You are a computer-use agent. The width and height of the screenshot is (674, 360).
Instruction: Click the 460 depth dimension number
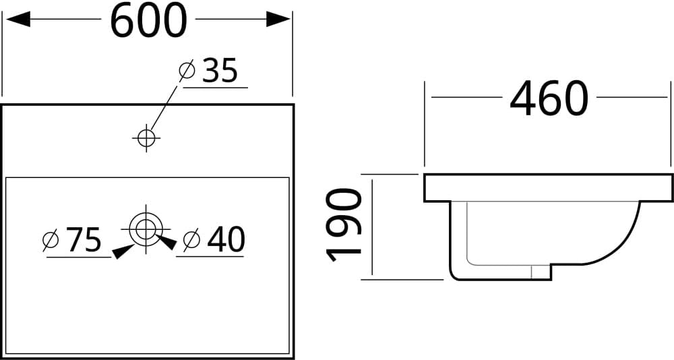549,99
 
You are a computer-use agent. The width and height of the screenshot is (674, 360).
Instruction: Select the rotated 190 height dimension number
344,225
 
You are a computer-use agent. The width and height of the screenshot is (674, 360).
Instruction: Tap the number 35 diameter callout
220,71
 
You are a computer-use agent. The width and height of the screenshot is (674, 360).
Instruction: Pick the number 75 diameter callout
84,239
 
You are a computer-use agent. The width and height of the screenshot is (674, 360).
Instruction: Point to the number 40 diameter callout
226,239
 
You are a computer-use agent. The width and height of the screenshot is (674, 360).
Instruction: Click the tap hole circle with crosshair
146,138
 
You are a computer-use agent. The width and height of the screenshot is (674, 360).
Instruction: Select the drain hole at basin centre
146,229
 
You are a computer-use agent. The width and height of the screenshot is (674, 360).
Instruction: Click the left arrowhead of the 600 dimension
18,19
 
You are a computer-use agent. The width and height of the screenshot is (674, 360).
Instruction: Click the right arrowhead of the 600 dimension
278,19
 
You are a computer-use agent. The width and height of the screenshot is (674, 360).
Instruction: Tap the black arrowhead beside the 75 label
123,251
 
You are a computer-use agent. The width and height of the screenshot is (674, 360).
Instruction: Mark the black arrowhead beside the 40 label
166,242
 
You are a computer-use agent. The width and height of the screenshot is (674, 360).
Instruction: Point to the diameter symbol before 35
187,71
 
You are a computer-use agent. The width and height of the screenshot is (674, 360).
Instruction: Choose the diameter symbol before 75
51,240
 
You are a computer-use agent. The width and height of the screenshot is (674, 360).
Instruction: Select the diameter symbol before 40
191,240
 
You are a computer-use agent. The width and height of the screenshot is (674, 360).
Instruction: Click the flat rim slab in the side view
548,188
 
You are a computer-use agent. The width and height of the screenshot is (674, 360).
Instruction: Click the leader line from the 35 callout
163,107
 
